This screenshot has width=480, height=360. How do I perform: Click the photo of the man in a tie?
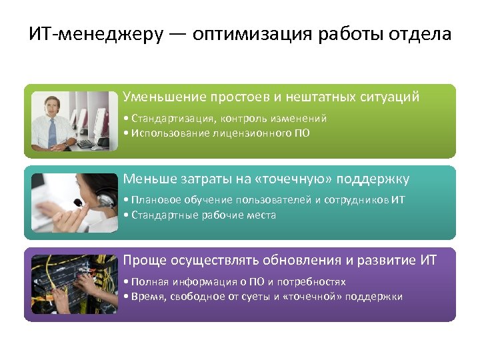pyautogui.click(x=73, y=121)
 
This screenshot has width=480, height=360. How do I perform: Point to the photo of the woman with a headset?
pyautogui.click(x=73, y=203)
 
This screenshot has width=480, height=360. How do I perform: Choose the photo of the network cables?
pyautogui.click(x=73, y=285)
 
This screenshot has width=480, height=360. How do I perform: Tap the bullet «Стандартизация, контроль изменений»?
pyautogui.click(x=225, y=118)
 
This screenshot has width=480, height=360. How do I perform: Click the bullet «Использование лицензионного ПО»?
pyautogui.click(x=217, y=133)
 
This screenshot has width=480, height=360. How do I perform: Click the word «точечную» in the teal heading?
pyautogui.click(x=296, y=179)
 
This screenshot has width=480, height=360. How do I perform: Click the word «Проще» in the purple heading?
pyautogui.click(x=143, y=261)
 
